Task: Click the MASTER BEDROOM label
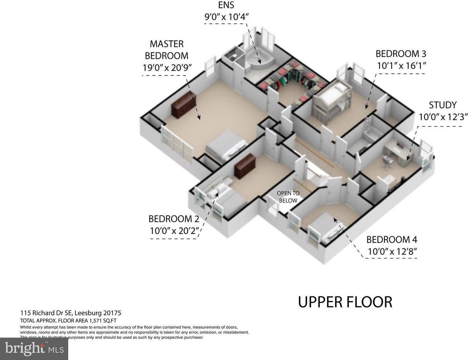166,49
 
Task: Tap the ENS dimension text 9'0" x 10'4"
226,16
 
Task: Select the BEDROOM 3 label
401,54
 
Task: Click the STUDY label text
443,105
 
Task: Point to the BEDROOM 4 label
391,239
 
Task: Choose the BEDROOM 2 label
174,219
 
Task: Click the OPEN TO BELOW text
288,197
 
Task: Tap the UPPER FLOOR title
345,302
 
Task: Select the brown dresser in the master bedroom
184,104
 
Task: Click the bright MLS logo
34,349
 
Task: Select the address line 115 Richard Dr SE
70,313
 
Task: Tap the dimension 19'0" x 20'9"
167,68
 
